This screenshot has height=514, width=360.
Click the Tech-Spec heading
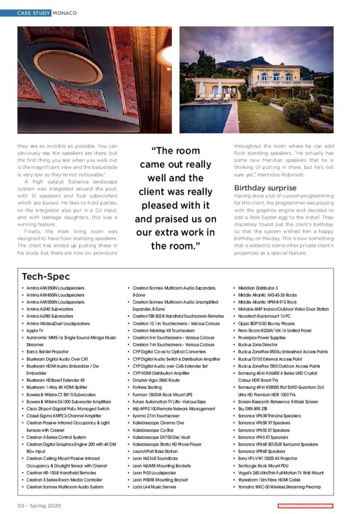pyautogui.click(x=45, y=276)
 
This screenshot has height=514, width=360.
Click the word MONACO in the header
pyautogui.click(x=65, y=13)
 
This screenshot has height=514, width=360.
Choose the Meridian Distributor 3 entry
pyautogui.click(x=258, y=288)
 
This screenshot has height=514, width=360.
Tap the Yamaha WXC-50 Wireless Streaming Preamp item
pyautogui.click(x=279, y=487)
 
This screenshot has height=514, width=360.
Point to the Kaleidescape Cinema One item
pyautogui.click(x=158, y=423)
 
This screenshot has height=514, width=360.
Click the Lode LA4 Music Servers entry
pyautogui.click(x=154, y=487)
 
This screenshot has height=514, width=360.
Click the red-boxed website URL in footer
pyautogui.click(x=305, y=505)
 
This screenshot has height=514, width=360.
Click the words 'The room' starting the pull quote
pyautogui.click(x=176, y=151)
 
